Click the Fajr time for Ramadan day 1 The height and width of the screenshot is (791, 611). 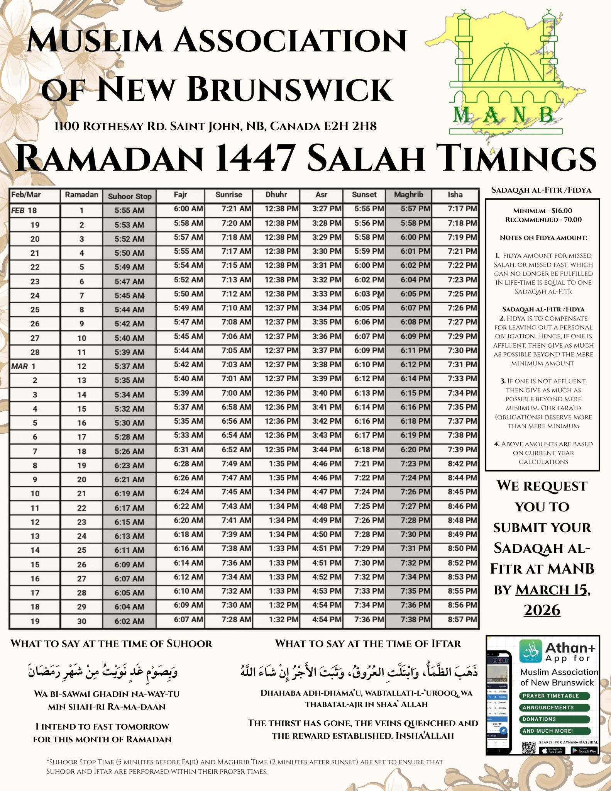click(x=188, y=209)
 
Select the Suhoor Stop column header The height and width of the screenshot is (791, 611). click(x=129, y=196)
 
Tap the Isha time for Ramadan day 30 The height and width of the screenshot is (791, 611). click(x=462, y=620)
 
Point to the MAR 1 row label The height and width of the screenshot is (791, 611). click(x=24, y=366)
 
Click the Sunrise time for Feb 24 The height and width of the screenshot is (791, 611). click(x=236, y=294)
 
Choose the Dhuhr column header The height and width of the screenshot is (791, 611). click(x=276, y=195)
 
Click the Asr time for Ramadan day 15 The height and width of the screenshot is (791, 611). click(x=327, y=407)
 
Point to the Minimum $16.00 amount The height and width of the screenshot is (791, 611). click(x=542, y=210)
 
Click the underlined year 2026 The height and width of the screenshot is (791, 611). click(x=542, y=610)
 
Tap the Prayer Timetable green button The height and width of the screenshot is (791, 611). click(x=554, y=696)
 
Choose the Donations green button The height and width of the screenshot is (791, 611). click(x=554, y=719)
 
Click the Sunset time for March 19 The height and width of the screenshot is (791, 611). click(x=369, y=620)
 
